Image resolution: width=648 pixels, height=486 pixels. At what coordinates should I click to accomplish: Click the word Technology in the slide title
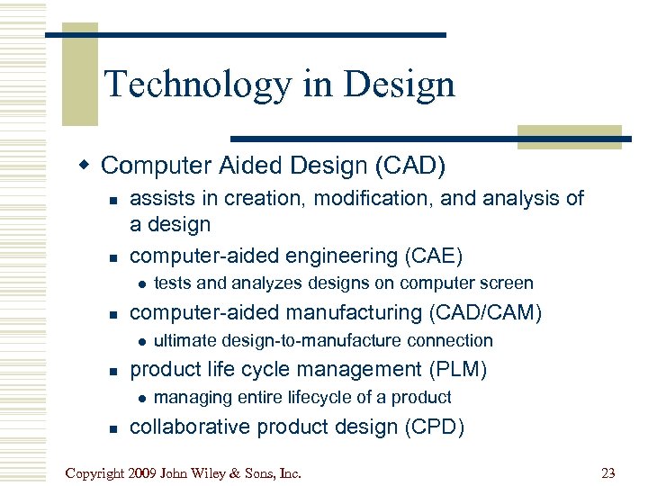[x=196, y=85]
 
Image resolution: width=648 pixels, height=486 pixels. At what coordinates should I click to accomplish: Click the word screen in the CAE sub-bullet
[x=508, y=283]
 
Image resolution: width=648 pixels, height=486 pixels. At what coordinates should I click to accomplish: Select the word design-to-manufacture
[x=304, y=341]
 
